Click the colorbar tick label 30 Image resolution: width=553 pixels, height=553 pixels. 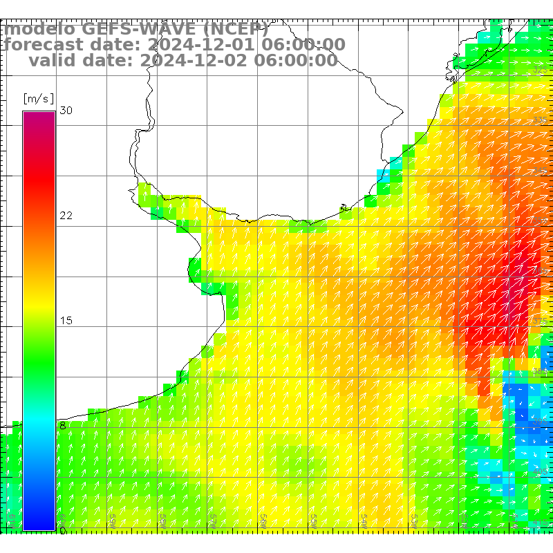[x=66, y=111]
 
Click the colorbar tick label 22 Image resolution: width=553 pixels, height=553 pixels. [x=66, y=216]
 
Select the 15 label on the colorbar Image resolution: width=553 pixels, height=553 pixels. [x=66, y=321]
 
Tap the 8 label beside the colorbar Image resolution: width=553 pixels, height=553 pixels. [x=62, y=426]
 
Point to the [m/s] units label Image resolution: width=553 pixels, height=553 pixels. [x=38, y=98]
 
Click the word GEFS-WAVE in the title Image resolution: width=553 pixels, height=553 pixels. [x=139, y=30]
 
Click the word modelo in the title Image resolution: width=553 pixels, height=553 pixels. [x=41, y=30]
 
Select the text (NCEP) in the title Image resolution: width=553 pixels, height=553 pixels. [x=235, y=30]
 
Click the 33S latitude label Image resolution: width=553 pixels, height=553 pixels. [x=541, y=121]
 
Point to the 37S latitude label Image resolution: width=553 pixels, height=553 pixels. [x=541, y=321]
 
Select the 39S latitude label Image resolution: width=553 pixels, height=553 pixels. [x=541, y=422]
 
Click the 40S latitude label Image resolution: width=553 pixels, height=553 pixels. [x=541, y=471]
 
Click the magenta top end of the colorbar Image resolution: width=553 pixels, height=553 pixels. [x=39, y=115]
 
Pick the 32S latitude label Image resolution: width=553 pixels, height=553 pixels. [x=541, y=71]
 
